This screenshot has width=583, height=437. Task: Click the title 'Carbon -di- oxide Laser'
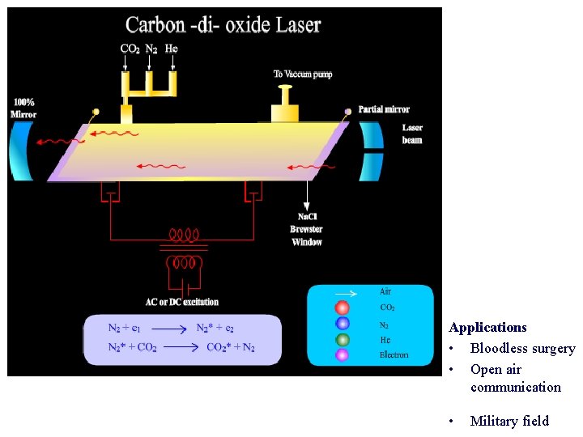click(x=223, y=24)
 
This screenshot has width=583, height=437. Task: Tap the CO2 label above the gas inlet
click(x=130, y=49)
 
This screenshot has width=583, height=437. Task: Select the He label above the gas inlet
click(x=171, y=49)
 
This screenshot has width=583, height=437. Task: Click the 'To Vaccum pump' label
click(x=303, y=74)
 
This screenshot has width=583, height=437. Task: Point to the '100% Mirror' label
click(x=23, y=108)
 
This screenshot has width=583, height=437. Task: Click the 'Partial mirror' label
click(x=384, y=109)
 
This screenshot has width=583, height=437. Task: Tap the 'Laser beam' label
click(x=412, y=134)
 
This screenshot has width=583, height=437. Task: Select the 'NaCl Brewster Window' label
click(x=307, y=229)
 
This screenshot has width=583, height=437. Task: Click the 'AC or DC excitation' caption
click(x=182, y=302)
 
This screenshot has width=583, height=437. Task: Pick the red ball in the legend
click(x=343, y=308)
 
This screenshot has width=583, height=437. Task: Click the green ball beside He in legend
click(x=343, y=340)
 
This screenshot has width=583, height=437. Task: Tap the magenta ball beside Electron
click(x=343, y=354)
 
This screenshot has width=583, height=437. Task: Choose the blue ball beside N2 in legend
click(x=343, y=325)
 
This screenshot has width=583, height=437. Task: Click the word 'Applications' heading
click(x=487, y=328)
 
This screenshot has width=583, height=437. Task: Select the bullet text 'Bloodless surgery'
click(x=522, y=349)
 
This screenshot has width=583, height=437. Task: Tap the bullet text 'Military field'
click(x=509, y=421)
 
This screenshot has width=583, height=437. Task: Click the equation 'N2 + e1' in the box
click(x=125, y=328)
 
